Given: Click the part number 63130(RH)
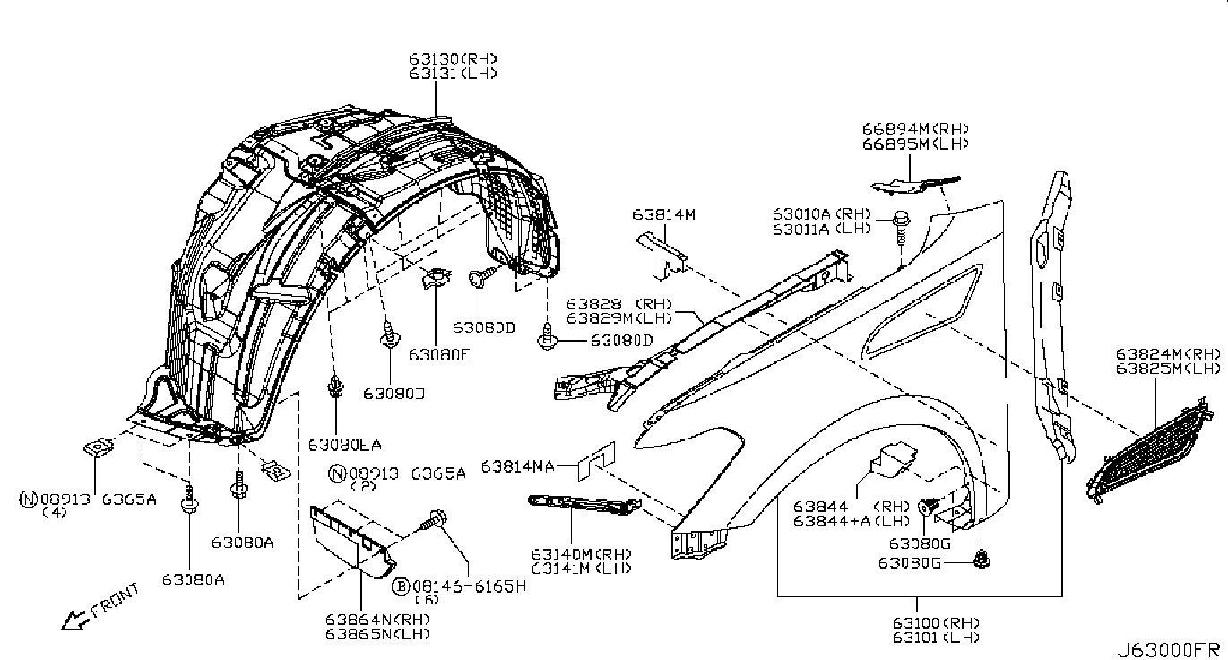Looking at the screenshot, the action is tap(453, 58).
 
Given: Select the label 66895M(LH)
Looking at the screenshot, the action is tap(915, 144).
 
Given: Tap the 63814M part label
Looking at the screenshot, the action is tap(663, 214).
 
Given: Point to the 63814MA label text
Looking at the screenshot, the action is tap(517, 466).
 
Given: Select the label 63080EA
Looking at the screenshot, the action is tap(344, 445).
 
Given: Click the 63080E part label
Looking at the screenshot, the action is tap(439, 355).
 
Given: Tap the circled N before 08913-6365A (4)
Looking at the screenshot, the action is tap(28, 499).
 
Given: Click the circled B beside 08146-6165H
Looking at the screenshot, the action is tap(402, 586).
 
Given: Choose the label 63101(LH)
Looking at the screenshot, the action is tap(936, 638).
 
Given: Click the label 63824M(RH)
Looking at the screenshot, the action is tap(1168, 354).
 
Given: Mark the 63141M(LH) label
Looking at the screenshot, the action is tap(581, 569).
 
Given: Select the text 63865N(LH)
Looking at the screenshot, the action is tap(377, 634).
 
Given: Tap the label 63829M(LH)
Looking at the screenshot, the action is tap(619, 318).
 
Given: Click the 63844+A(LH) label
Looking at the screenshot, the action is tap(852, 521).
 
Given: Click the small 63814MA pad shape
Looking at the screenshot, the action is tap(595, 462).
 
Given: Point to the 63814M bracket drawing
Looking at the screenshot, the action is tap(662, 255).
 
